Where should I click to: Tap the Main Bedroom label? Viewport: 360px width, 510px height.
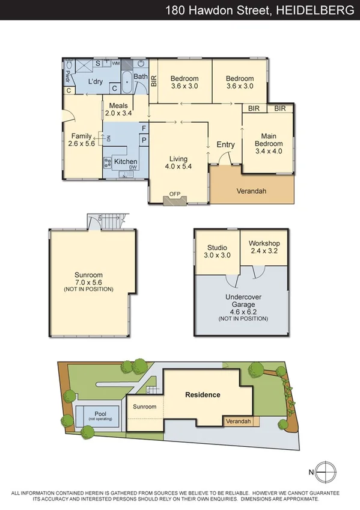click(x=269, y=140)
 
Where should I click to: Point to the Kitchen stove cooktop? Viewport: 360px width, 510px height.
click(x=108, y=162)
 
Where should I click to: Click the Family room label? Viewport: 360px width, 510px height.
click(x=81, y=137)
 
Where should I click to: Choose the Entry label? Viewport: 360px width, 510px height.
click(x=225, y=144)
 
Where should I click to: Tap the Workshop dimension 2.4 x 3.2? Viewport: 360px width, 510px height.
click(x=264, y=251)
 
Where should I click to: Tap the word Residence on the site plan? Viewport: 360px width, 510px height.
click(x=203, y=395)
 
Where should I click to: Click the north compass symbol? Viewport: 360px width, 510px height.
click(x=325, y=472)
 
